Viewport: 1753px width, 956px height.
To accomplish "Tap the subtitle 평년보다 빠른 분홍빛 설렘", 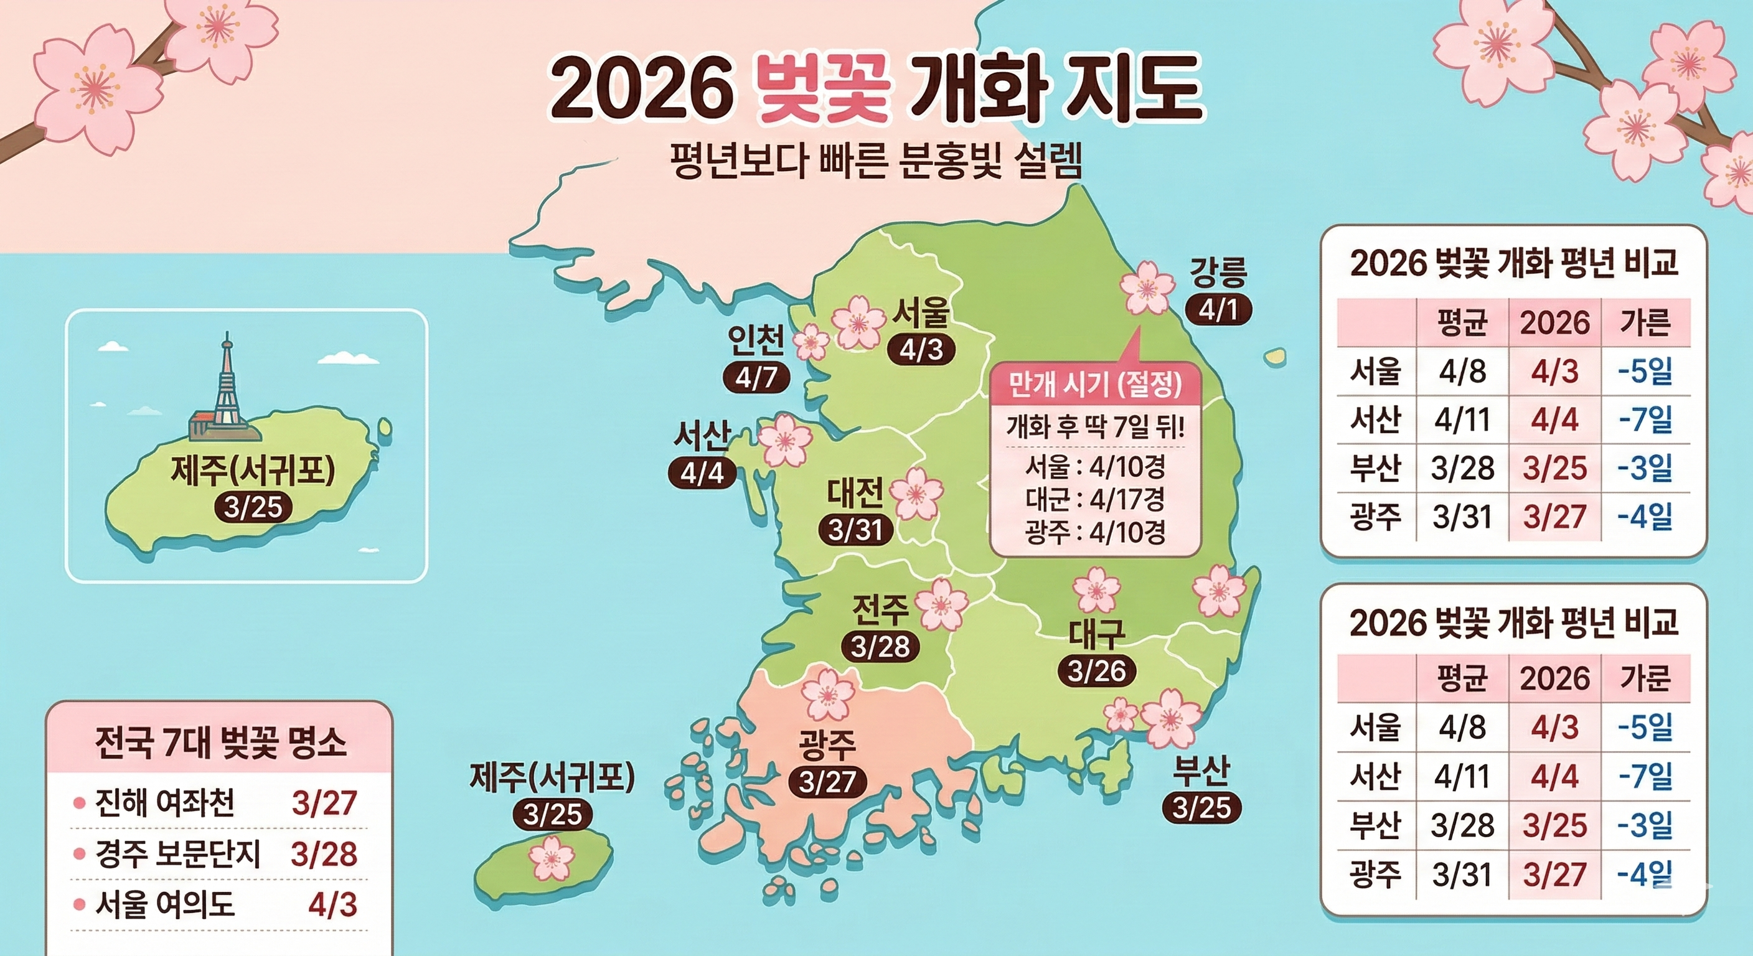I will click(876, 164).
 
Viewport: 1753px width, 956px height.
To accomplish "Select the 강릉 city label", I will click(1218, 273).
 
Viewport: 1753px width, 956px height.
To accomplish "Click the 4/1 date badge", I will click(1218, 311).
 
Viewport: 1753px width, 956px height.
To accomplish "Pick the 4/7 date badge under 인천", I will click(756, 378).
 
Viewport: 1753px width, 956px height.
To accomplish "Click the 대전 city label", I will click(855, 494).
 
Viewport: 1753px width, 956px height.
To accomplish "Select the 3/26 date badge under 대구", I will click(1097, 672).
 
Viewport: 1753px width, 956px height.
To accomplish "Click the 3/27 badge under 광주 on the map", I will click(827, 782).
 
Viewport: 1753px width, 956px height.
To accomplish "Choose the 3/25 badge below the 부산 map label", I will click(1202, 808).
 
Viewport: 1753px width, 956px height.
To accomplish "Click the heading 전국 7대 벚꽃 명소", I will click(220, 743).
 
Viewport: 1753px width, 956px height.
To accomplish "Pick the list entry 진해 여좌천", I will click(166, 803).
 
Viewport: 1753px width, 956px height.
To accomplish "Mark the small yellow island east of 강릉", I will click(1275, 356).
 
